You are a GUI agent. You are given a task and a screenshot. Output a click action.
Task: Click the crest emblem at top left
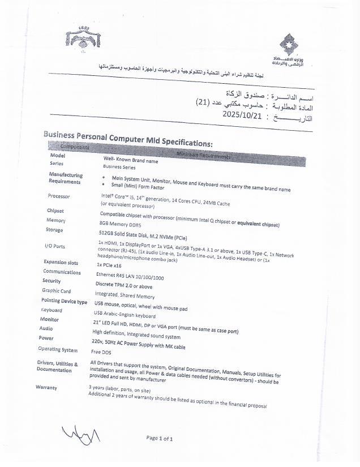pos(83,38)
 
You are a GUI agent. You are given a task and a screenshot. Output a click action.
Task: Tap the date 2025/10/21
pos(241,114)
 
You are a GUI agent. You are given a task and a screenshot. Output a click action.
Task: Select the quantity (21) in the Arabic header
pos(207,102)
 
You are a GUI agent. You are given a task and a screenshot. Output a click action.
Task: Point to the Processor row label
pos(59,196)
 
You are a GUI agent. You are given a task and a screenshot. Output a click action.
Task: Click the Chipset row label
pos(55,211)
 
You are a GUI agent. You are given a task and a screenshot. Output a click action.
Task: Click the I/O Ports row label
pos(54,246)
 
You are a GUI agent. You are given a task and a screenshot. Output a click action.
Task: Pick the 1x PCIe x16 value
pos(108,265)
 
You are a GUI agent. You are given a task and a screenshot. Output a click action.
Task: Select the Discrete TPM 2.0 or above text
pos(123,286)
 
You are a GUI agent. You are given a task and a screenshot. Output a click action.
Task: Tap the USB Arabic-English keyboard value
pos(125,316)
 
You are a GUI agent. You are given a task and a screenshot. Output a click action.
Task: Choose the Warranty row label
pos(46,387)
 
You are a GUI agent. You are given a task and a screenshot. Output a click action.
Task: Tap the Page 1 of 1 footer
pos(159,438)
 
